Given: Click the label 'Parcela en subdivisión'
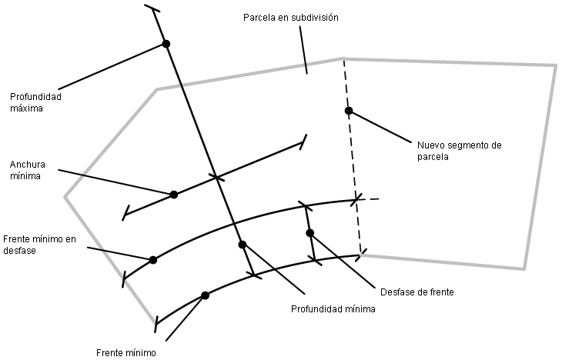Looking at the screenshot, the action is tap(291, 18).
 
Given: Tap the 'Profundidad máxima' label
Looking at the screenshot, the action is tap(35, 102).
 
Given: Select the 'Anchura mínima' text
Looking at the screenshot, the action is tap(28, 170).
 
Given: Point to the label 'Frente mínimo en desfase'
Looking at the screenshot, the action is tap(39, 245).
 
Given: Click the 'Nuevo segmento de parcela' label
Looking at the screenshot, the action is tap(459, 151).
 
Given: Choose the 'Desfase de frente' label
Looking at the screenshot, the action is tap(416, 292).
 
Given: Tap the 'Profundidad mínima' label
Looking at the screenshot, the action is tap(333, 309).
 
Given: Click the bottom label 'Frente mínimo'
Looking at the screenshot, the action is tap(126, 353).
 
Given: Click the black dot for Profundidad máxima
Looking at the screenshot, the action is tap(166, 44).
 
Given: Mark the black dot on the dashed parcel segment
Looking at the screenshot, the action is tap(349, 111).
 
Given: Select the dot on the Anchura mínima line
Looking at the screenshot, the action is tap(174, 195).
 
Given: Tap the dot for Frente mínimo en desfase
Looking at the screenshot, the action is tap(153, 260).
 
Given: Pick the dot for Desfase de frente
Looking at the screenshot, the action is tap(310, 233).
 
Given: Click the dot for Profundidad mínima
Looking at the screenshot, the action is tap(243, 245).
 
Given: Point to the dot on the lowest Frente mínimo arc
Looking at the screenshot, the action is tap(205, 295).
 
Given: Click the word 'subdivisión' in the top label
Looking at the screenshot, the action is tap(315, 18).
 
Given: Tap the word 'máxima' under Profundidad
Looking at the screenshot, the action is tap(26, 108).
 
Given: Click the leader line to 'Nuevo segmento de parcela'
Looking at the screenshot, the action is tap(380, 127).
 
